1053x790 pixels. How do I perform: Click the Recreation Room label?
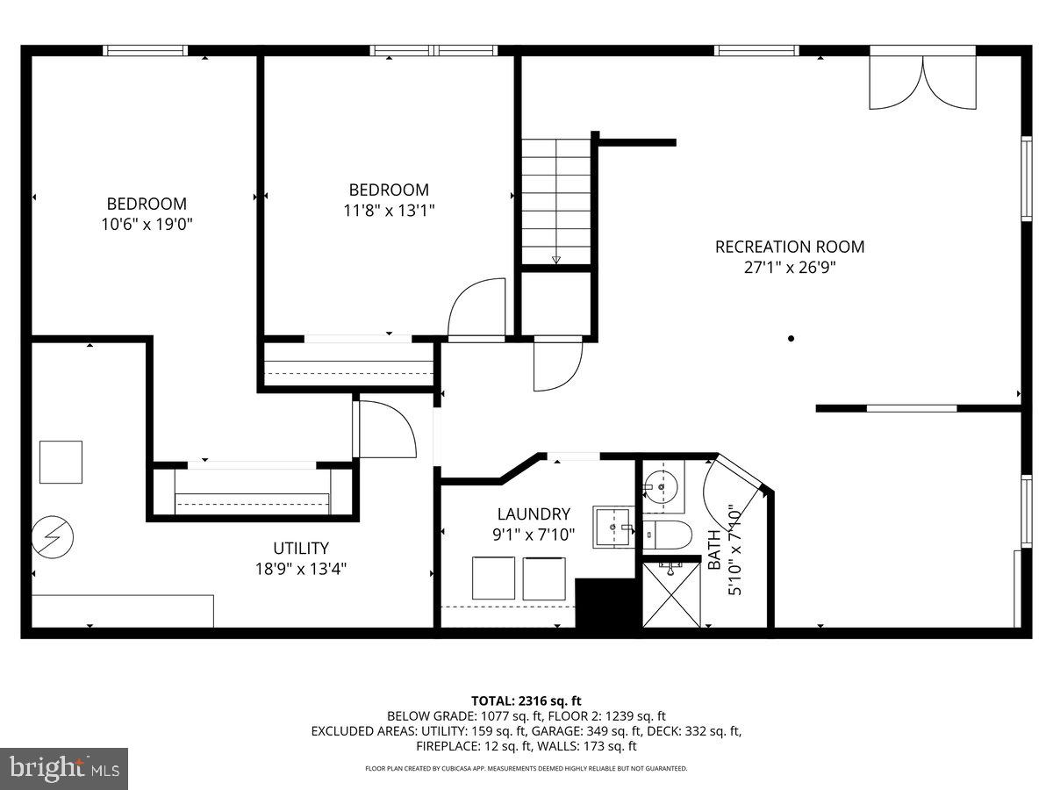point(789,247)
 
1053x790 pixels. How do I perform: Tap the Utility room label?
point(300,548)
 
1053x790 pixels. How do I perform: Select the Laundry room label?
point(533,514)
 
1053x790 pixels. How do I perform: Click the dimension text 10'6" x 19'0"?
point(147,224)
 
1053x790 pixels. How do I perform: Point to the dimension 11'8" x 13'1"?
point(389,210)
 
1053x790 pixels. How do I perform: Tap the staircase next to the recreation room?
point(556,201)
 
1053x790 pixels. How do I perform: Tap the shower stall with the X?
point(672,595)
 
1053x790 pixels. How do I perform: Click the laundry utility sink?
point(612,527)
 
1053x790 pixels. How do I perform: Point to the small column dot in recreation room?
point(791,338)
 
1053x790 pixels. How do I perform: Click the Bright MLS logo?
point(64,768)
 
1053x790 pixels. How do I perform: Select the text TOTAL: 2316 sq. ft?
point(526,700)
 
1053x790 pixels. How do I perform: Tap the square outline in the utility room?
point(61,462)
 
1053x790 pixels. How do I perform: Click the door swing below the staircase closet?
point(557,364)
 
